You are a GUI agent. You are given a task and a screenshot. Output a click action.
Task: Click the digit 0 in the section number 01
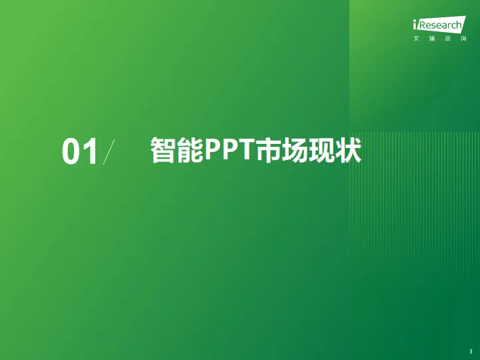click(71, 152)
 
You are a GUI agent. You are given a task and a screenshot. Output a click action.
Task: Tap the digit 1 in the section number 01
click(90, 152)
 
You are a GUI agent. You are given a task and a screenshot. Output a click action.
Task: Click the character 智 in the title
click(163, 151)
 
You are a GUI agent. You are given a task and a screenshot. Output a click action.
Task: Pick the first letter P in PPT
click(212, 151)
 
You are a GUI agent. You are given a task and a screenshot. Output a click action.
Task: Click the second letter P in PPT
click(229, 151)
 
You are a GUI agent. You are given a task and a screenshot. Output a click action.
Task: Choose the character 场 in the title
click(293, 151)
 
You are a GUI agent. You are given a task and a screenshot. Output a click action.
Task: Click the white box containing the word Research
click(440, 26)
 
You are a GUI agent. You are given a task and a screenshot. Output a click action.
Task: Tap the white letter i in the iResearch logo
click(415, 26)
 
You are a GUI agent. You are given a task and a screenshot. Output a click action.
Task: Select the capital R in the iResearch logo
click(422, 26)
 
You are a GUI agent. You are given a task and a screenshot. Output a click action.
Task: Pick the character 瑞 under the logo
click(431, 39)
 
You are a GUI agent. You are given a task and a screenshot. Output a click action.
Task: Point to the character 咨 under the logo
click(447, 39)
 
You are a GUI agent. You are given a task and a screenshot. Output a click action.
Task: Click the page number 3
click(471, 351)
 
